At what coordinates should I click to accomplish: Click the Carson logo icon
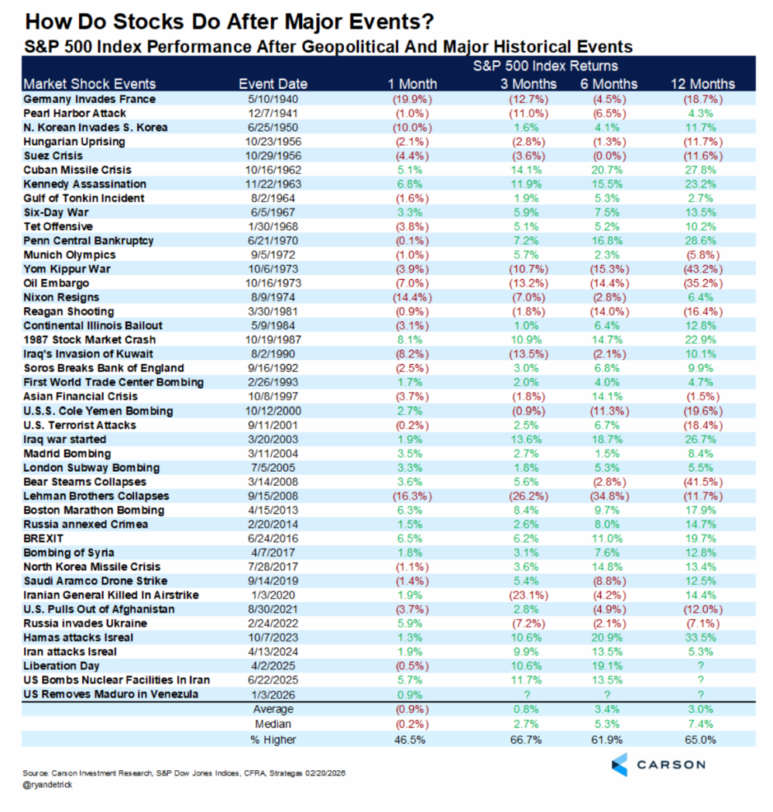[x=620, y=764]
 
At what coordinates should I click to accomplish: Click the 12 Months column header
[x=700, y=84]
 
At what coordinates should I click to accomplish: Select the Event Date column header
[x=273, y=84]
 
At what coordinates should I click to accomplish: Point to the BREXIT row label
[x=44, y=538]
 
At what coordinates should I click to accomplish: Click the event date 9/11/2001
[x=273, y=425]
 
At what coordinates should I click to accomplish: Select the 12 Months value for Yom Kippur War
[x=700, y=269]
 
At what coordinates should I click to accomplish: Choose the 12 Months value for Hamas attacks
[x=700, y=638]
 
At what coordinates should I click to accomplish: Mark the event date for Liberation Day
[x=273, y=666]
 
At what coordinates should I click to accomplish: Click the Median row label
[x=273, y=723]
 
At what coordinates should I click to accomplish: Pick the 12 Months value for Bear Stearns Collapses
[x=700, y=481]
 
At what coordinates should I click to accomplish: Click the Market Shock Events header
[x=90, y=84]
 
